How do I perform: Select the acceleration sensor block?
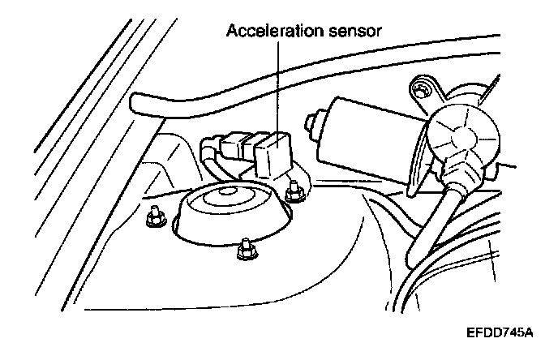click(x=273, y=154)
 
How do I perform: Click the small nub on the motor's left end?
click(x=311, y=126)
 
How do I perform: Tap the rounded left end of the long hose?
click(x=139, y=105)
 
